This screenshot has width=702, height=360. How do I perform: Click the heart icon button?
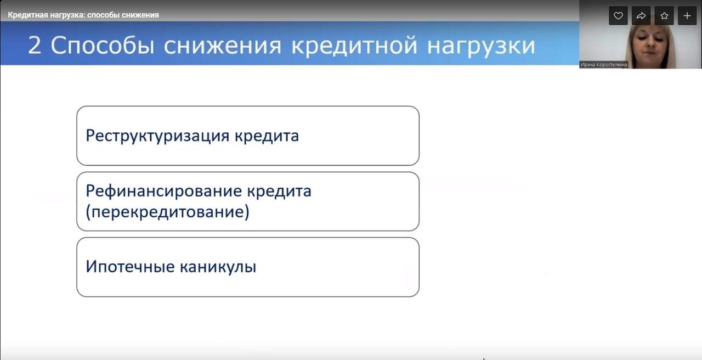pos(618,16)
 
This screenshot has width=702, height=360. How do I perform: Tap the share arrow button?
pos(641,16)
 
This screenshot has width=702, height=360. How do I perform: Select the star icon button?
pos(664,16)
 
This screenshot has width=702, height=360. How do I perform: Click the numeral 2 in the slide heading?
pos(35,46)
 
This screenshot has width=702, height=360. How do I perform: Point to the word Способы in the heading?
pos(103,46)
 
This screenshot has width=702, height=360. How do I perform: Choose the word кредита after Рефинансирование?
pos(279,192)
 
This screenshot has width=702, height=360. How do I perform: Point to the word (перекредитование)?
pos(168,212)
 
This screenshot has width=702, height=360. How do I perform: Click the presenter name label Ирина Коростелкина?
pos(604,65)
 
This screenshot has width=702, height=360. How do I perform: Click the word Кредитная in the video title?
pos(28,15)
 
